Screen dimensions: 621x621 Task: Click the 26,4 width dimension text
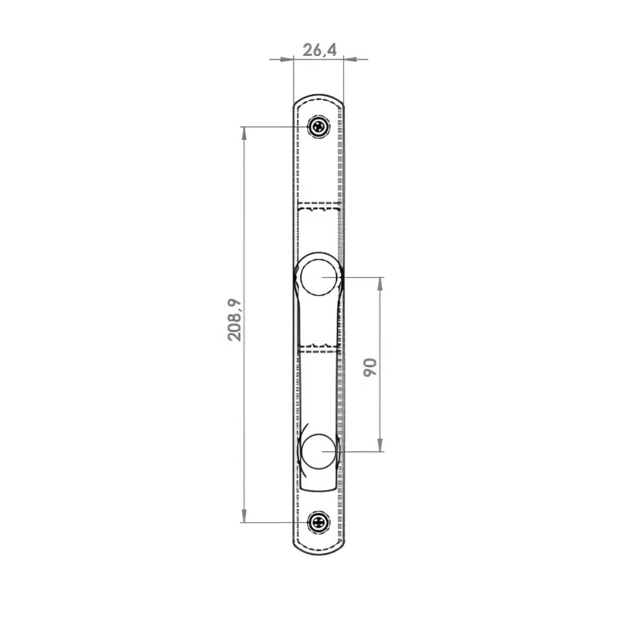click(320, 50)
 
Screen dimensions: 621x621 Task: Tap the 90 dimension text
click(370, 367)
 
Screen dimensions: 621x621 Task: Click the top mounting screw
click(319, 127)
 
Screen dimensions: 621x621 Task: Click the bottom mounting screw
click(319, 522)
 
